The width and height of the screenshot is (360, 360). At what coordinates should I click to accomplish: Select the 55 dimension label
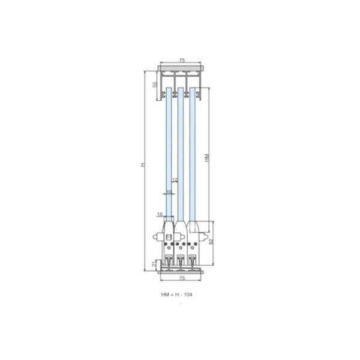pyautogui.click(x=154, y=84)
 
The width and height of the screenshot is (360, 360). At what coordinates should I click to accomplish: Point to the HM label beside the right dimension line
pyautogui.click(x=206, y=157)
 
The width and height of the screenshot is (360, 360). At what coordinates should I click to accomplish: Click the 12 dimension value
pyautogui.click(x=175, y=180)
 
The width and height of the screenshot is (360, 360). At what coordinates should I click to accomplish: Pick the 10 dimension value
pyautogui.click(x=169, y=192)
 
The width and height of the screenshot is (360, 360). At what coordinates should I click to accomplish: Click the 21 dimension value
pyautogui.click(x=154, y=263)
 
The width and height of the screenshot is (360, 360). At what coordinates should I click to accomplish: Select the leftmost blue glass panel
pyautogui.click(x=169, y=150)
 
